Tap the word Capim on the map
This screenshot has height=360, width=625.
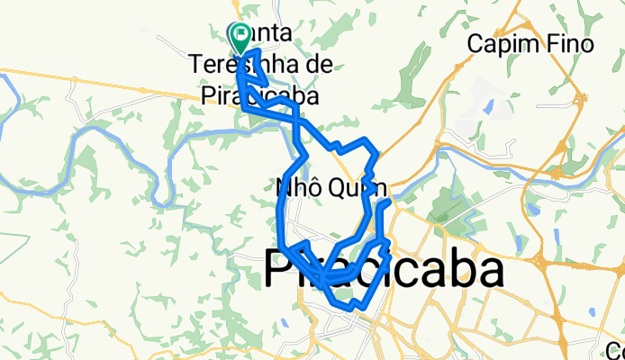[x=499, y=44]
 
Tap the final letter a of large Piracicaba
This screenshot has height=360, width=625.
[x=487, y=271]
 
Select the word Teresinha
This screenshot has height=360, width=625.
[x=238, y=65]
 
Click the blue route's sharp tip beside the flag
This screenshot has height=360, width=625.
[x=258, y=54]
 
